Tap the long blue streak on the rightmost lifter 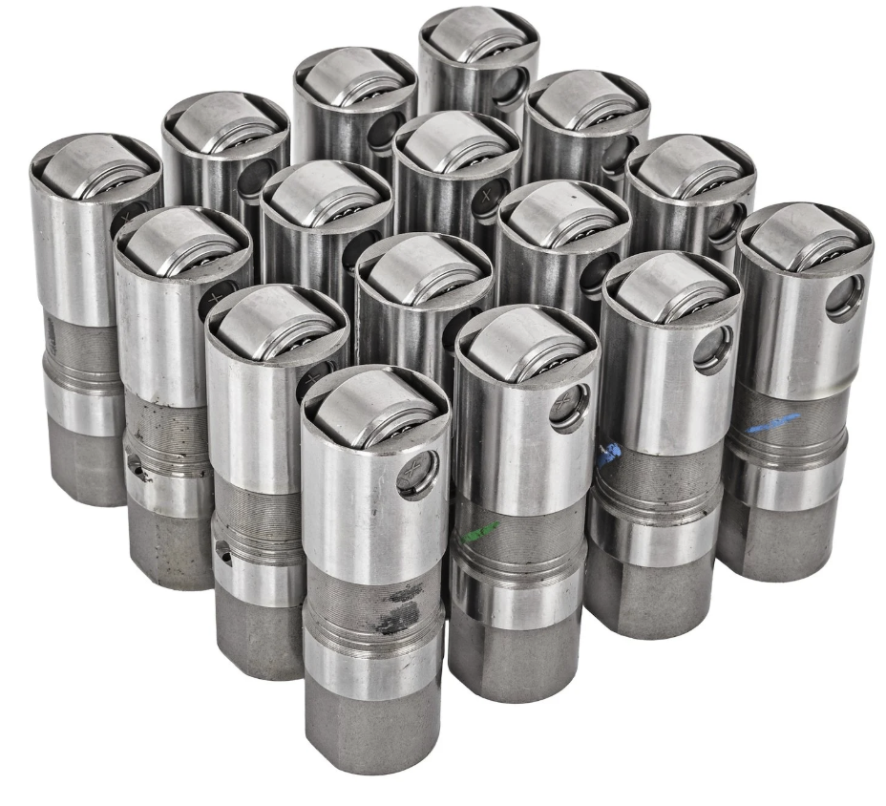pyautogui.click(x=773, y=423)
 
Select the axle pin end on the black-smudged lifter pyautogui.click(x=416, y=473)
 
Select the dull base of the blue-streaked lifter pyautogui.click(x=783, y=535)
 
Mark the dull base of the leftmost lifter pyautogui.click(x=86, y=468)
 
